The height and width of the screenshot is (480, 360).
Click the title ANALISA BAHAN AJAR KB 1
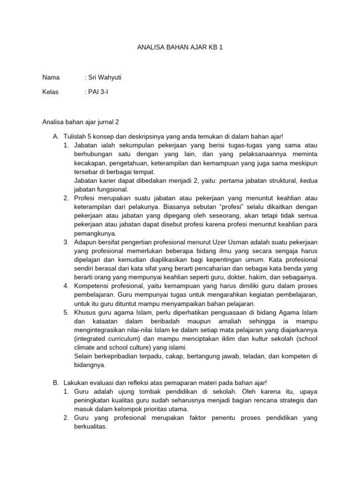(180, 48)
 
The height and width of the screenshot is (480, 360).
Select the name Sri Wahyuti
(105, 77)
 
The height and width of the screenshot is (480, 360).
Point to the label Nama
(51, 77)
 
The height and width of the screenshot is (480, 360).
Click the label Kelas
(51, 92)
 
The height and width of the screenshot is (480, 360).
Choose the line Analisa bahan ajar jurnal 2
(81, 122)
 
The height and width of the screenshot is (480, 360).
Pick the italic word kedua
(308, 180)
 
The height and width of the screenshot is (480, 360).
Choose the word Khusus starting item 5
(85, 312)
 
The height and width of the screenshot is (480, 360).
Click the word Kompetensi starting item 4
(92, 286)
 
